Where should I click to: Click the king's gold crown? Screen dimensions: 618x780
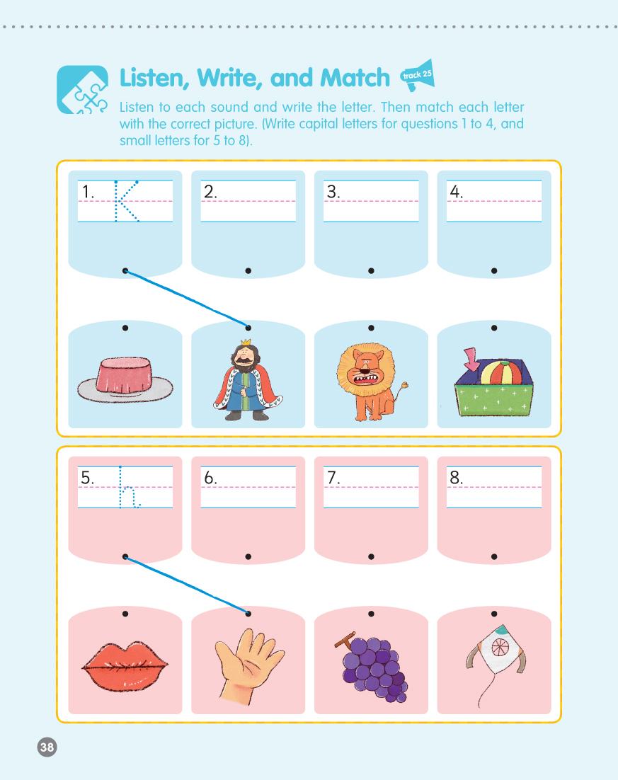tap(246, 343)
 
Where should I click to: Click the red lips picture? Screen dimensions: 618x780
tap(125, 666)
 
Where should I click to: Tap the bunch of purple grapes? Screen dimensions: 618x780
tap(372, 667)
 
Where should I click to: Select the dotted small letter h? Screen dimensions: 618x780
tap(129, 487)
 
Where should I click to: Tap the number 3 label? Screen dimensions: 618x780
tap(333, 192)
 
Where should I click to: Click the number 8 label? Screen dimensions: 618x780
tap(456, 478)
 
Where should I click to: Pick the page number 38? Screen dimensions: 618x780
tap(47, 747)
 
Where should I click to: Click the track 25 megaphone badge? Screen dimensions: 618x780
tap(418, 75)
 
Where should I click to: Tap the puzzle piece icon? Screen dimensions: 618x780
tap(82, 90)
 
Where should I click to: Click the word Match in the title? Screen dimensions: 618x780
tap(355, 78)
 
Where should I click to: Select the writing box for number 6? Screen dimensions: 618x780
tap(248, 487)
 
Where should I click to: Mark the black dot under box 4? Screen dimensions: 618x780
tap(494, 270)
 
